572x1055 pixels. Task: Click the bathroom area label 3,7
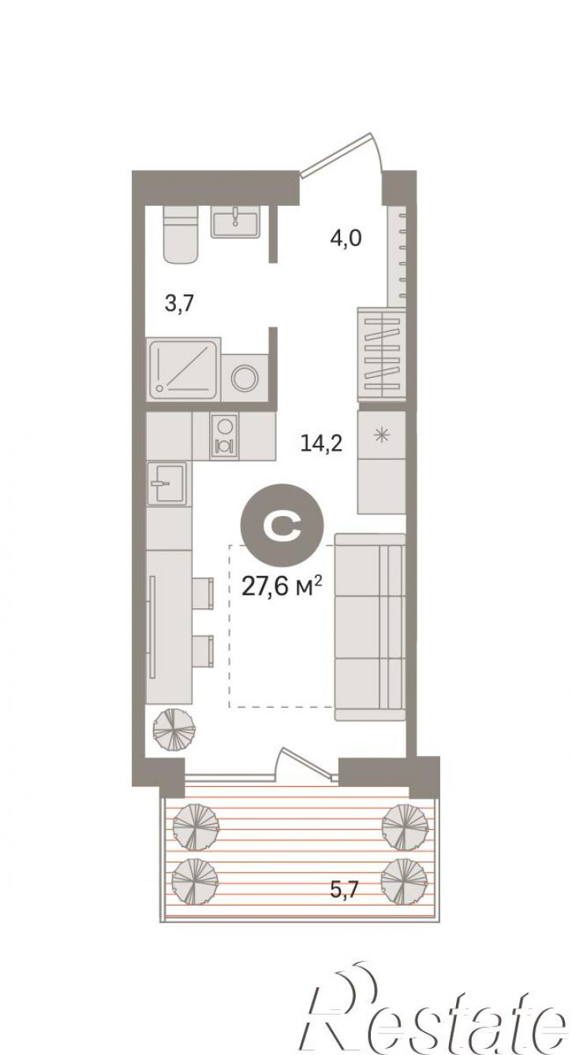(x=178, y=304)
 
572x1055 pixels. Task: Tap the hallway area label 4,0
(x=345, y=238)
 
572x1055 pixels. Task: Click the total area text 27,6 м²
(x=281, y=587)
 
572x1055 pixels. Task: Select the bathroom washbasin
(x=234, y=222)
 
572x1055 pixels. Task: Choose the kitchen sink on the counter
(x=166, y=483)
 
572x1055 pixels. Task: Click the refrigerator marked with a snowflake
(x=381, y=435)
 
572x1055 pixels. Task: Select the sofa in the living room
(x=370, y=627)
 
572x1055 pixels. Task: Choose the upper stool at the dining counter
(x=204, y=593)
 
